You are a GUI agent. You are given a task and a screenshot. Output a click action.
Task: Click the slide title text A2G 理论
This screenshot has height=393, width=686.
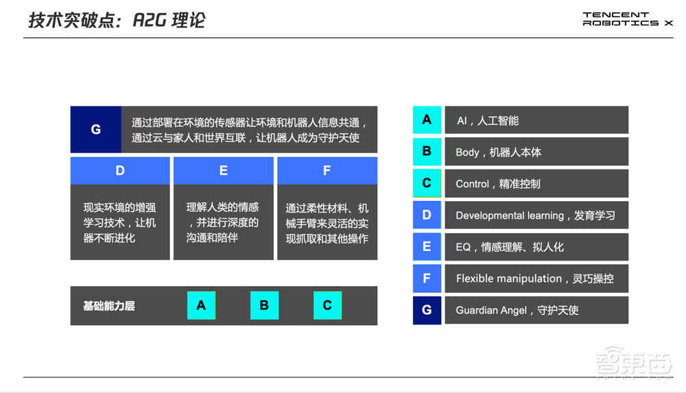117,20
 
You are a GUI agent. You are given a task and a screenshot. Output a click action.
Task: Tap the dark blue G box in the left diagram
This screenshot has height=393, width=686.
96,129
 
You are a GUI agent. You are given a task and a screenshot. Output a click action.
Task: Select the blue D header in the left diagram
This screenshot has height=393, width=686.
120,171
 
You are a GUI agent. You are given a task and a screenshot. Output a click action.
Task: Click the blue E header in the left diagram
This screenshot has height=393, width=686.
224,171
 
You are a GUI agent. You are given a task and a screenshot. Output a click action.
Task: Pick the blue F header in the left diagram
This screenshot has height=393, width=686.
327,171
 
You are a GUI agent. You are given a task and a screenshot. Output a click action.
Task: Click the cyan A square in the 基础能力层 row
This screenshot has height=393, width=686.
201,305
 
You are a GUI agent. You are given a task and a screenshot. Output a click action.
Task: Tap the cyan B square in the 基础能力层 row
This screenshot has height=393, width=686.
264,305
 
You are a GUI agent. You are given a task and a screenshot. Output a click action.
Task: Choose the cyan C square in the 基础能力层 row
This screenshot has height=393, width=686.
327,305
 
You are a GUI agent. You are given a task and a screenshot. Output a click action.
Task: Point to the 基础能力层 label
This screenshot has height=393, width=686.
109,306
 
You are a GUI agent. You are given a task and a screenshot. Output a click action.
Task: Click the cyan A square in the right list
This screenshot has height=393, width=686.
427,120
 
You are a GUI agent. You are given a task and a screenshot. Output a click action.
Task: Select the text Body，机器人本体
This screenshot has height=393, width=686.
498,152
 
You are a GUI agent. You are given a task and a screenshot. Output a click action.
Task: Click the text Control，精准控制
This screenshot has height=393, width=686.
497,184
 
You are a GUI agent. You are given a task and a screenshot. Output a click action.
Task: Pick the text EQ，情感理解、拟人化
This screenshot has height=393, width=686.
509,247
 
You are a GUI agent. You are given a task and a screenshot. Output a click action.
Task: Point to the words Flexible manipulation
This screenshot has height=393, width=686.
508,278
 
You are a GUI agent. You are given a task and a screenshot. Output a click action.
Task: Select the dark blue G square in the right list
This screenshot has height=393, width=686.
427,310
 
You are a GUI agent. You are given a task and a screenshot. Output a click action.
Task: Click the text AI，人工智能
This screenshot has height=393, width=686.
487,121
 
